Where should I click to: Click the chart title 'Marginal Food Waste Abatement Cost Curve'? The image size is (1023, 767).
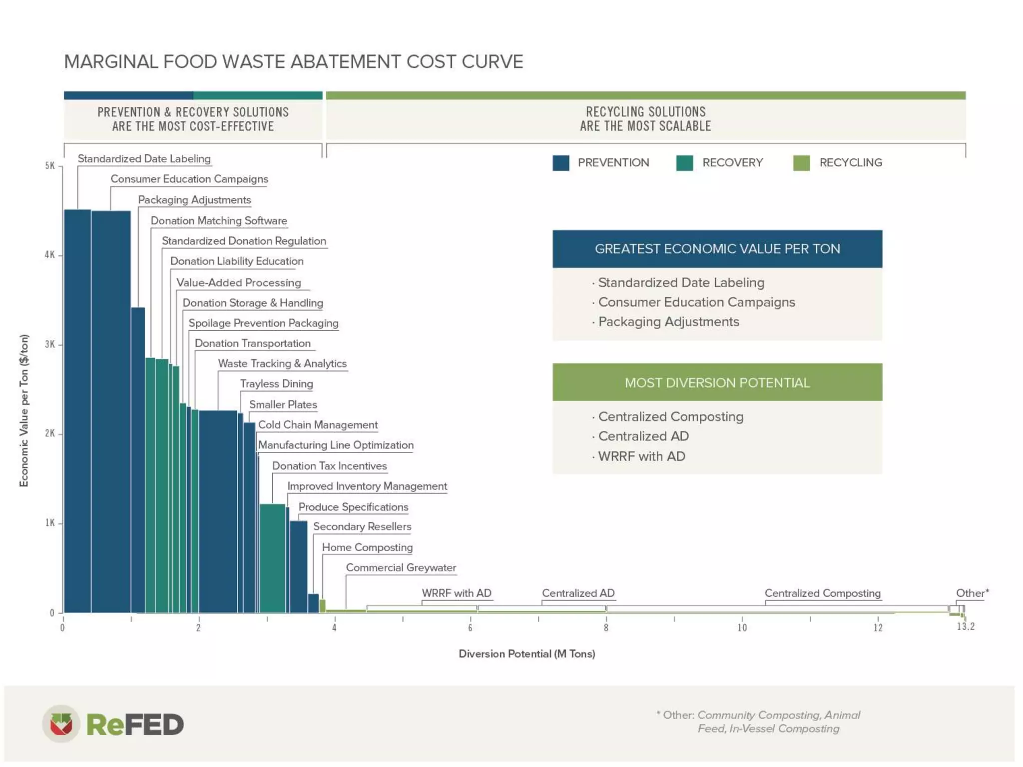coord(293,62)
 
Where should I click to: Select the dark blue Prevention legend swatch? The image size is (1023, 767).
coord(560,163)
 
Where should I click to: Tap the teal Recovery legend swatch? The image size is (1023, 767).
coord(684,163)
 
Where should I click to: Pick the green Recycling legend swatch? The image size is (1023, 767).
coord(801,163)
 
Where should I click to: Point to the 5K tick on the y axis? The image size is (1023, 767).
coord(50,166)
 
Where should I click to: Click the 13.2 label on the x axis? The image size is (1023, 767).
coord(965,626)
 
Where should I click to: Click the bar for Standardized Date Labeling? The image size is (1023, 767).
coord(77,409)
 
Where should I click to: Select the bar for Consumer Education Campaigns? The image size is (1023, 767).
coord(111,409)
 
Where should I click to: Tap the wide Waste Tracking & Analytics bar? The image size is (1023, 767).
coord(218,509)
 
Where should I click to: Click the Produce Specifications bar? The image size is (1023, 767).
coord(299,566)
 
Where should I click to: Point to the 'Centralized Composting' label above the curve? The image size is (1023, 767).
coord(822,593)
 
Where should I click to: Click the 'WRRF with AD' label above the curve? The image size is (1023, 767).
coord(456,593)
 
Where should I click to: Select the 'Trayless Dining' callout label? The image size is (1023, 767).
coord(276,384)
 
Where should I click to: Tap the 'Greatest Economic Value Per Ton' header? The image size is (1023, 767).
coord(717,249)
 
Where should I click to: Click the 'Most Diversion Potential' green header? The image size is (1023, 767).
coord(717,383)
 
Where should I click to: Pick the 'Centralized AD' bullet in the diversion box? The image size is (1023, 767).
coord(643,436)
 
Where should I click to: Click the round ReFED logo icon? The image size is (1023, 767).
coord(61,724)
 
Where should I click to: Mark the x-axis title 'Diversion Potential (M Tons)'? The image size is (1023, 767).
coord(526,654)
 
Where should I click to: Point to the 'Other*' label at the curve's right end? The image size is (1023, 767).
coord(972,593)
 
